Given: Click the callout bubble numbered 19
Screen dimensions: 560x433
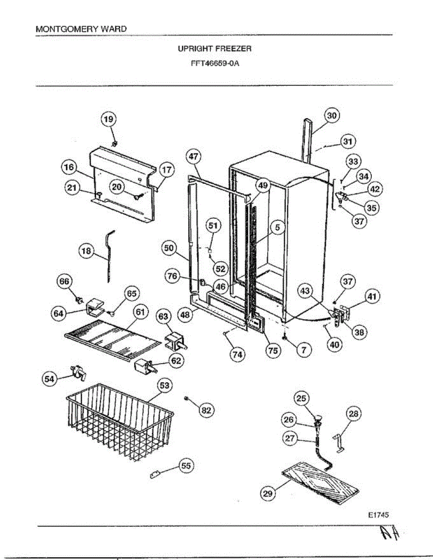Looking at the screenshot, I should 108,119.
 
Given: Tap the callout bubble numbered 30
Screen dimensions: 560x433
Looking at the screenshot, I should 332,116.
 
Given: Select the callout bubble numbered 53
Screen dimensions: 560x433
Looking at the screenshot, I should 164,385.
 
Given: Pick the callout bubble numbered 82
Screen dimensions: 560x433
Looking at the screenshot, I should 206,410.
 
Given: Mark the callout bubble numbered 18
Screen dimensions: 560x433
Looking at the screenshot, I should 86,252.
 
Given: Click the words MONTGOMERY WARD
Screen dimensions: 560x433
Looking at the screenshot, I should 81,29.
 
